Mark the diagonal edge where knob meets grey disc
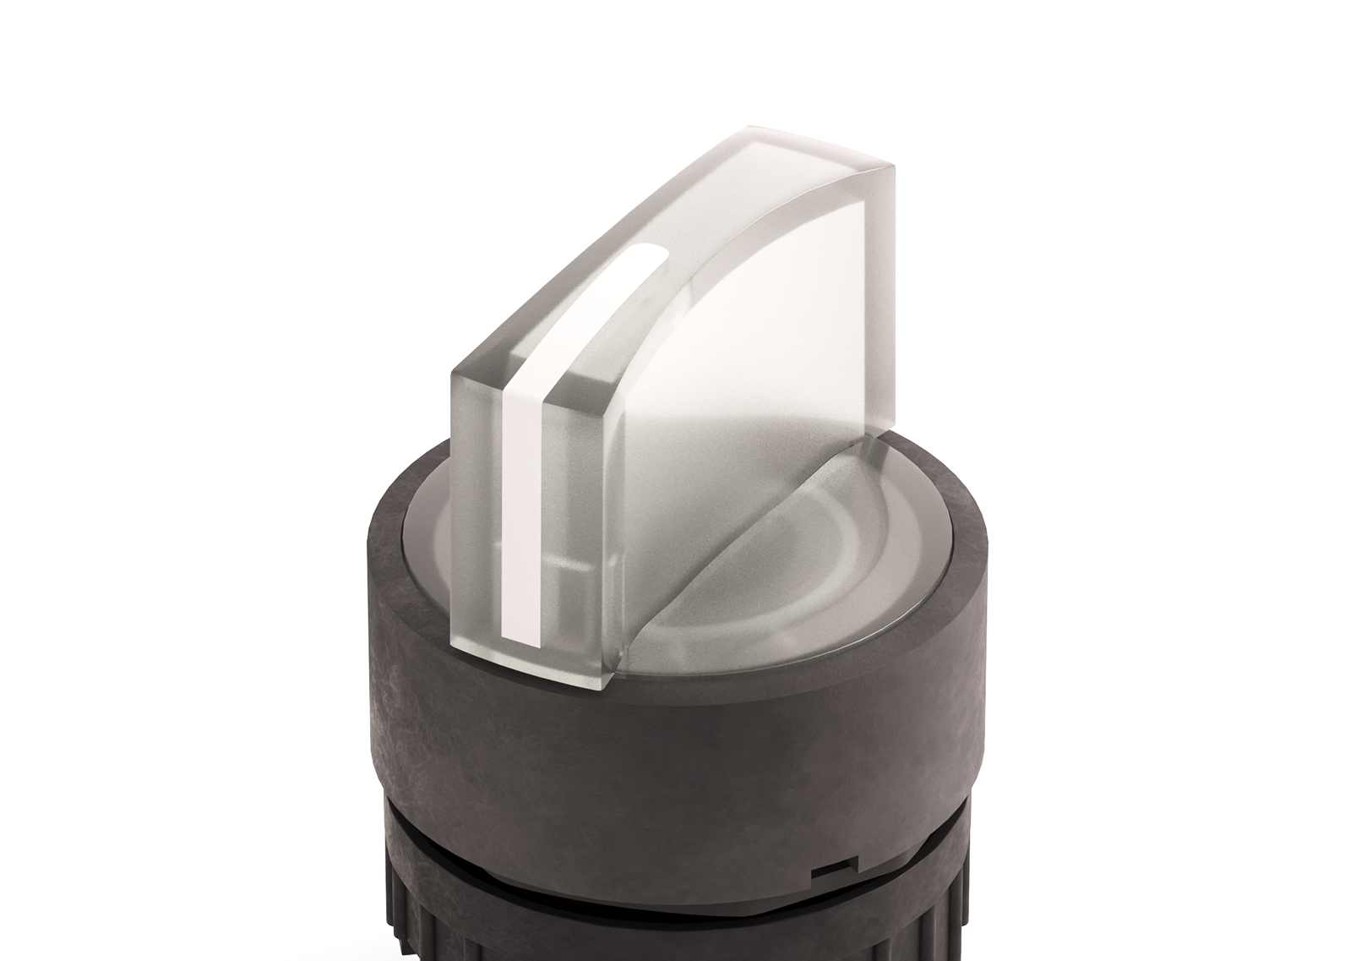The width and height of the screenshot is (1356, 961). (x=743, y=541)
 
